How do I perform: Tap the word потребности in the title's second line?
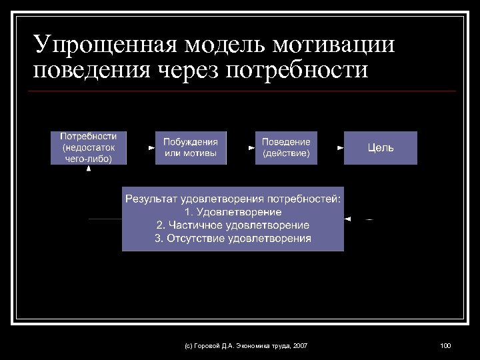(x=297, y=69)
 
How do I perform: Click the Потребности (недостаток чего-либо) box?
(x=89, y=147)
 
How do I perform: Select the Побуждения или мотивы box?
(x=191, y=147)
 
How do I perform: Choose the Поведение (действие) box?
(x=286, y=147)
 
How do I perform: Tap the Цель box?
(x=381, y=147)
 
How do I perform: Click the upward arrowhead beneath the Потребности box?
(x=89, y=169)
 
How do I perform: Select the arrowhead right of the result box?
(x=347, y=219)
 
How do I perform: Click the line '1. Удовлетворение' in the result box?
(x=233, y=212)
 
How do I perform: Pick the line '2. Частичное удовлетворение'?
(x=233, y=225)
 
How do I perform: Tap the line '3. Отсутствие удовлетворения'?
(x=233, y=238)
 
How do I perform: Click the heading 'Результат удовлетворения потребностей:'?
(x=233, y=199)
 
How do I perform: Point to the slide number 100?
(x=445, y=345)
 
